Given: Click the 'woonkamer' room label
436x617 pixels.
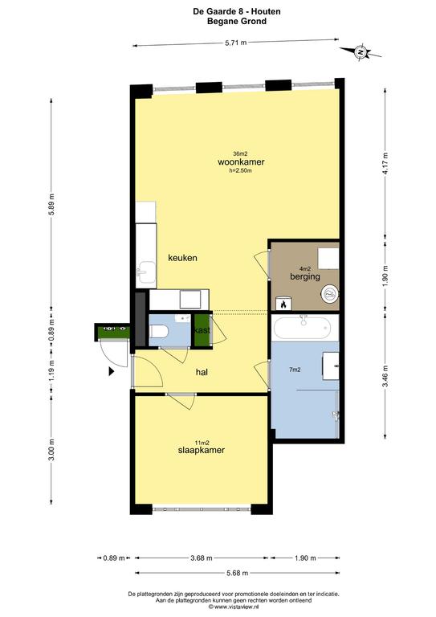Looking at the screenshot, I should point(241,161).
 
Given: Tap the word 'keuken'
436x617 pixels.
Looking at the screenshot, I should point(182,258).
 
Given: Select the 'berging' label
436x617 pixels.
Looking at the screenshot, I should point(305,276).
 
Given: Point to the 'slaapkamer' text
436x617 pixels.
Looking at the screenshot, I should point(201,451).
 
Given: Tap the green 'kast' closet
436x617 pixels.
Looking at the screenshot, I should point(202,330).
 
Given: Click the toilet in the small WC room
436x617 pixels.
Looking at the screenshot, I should point(159,330).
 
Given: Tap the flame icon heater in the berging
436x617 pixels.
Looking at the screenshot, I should point(283,304).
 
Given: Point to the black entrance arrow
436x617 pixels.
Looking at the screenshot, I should point(111,371).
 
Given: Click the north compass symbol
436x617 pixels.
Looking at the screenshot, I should point(361,52).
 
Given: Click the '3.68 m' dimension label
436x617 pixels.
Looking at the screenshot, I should point(202,557).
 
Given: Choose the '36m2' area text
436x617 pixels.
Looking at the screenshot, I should point(240,153).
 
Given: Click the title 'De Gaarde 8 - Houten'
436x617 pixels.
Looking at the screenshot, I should point(218,11).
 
